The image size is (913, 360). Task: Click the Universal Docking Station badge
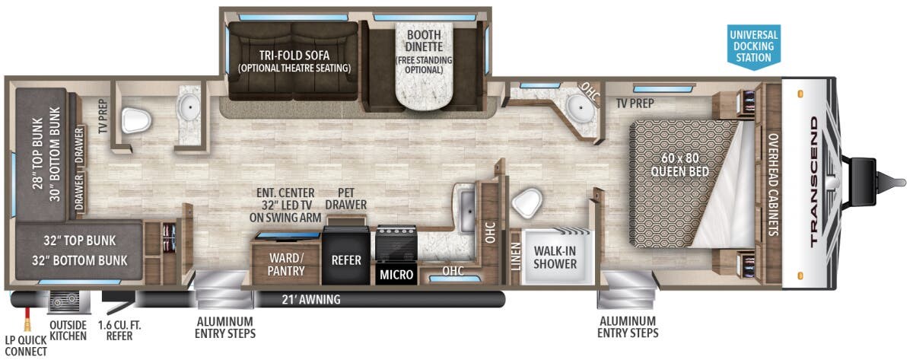754,46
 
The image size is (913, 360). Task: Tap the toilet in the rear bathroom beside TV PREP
136,119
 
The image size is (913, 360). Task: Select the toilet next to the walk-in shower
526,202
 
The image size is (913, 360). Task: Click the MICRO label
396,275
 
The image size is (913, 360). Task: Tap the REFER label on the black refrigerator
346,260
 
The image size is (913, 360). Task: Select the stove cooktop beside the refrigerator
396,244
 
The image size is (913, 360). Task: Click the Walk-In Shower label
555,257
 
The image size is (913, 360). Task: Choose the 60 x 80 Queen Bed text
679,164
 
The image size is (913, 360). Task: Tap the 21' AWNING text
311,300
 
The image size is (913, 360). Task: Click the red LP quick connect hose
27,318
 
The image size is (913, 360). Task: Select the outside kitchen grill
68,301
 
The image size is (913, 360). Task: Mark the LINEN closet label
516,256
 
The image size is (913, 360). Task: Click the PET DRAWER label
346,199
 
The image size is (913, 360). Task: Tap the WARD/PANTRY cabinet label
286,264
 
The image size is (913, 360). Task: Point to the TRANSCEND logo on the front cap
814,182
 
